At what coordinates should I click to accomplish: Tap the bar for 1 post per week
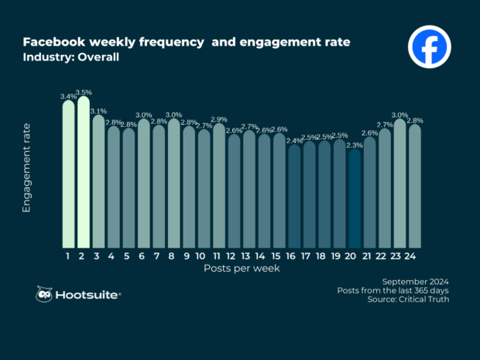point(68,174)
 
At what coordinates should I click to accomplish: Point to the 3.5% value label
point(84,92)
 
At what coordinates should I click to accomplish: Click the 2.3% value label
point(355,145)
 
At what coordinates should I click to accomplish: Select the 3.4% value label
point(68,97)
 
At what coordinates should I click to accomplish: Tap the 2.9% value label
point(219,120)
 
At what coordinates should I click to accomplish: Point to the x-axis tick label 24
point(414,255)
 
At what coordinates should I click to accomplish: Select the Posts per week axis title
point(237,268)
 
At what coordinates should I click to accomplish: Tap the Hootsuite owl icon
point(45,294)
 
